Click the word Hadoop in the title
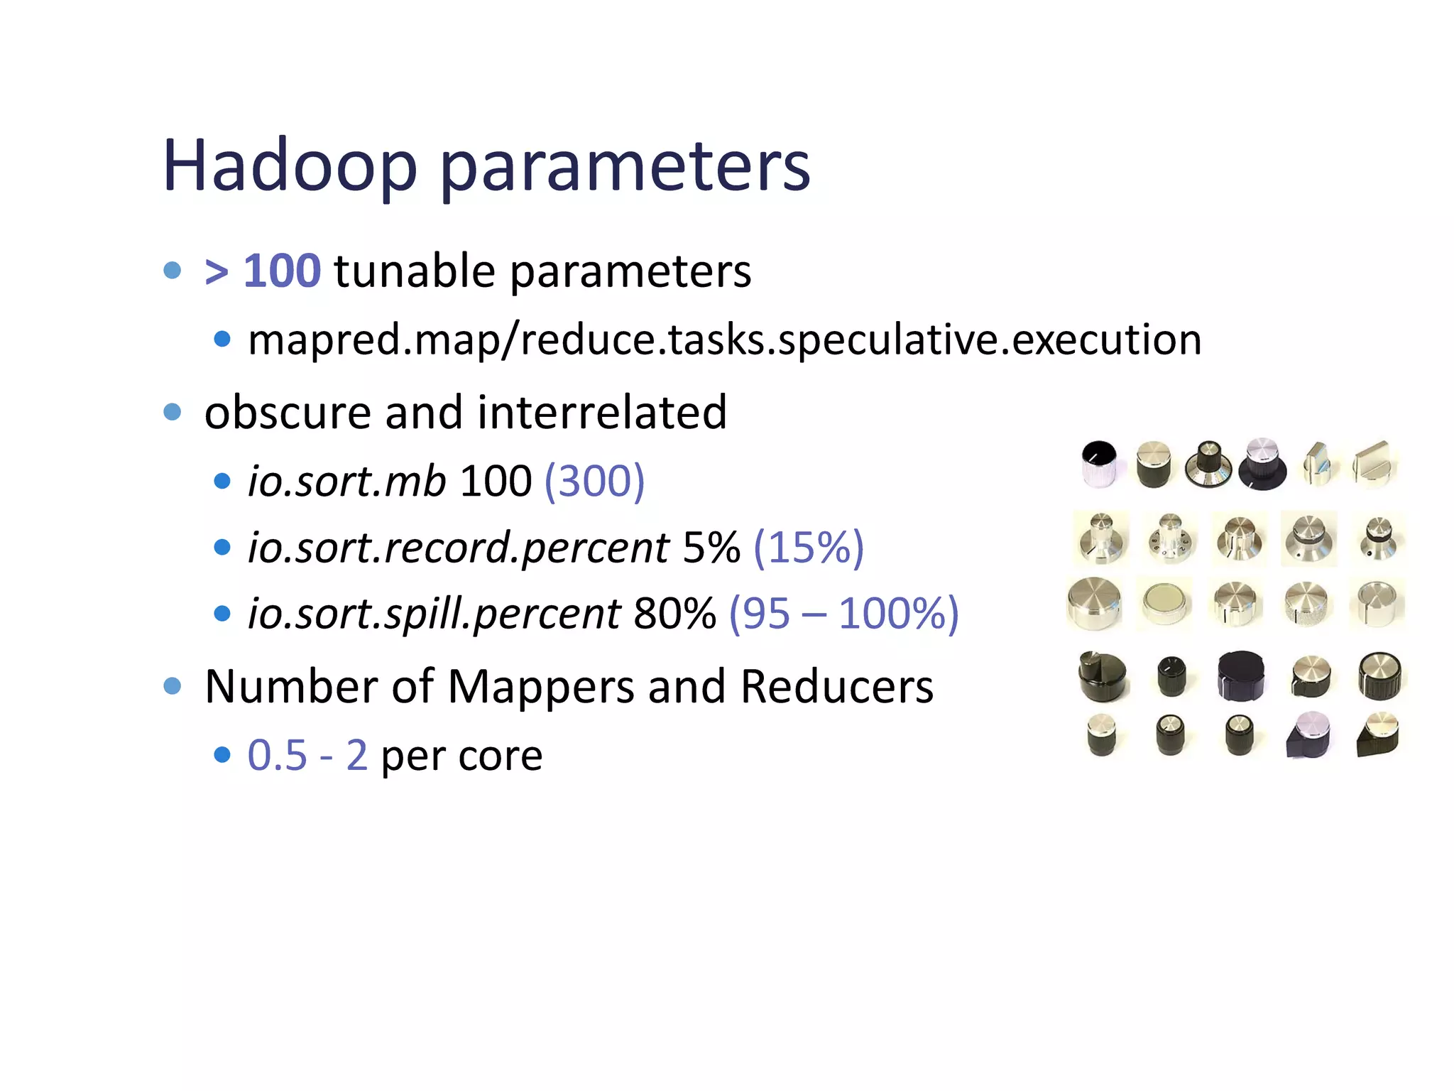pos(289,165)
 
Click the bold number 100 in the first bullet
pos(282,271)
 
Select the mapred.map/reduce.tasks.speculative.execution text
pos(724,340)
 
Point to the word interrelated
pos(602,412)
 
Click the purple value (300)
pos(594,481)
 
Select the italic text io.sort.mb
pos(346,481)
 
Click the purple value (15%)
pos(808,547)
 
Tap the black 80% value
pos(674,613)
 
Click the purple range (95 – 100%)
pos(843,613)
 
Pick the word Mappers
pos(541,687)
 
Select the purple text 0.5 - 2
pos(307,754)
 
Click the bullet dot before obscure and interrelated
pos(172,412)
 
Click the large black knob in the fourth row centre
pos(1240,675)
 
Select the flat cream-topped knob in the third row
pos(1164,602)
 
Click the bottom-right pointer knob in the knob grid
pos(1379,734)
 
